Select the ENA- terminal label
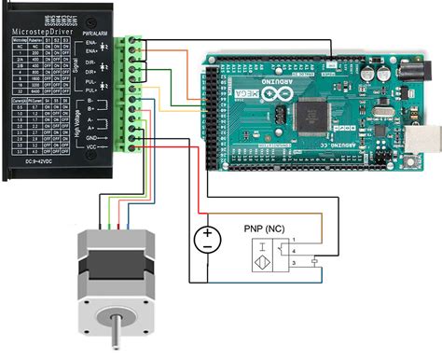(117, 43)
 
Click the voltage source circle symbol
(207, 240)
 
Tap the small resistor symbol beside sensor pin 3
(317, 260)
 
